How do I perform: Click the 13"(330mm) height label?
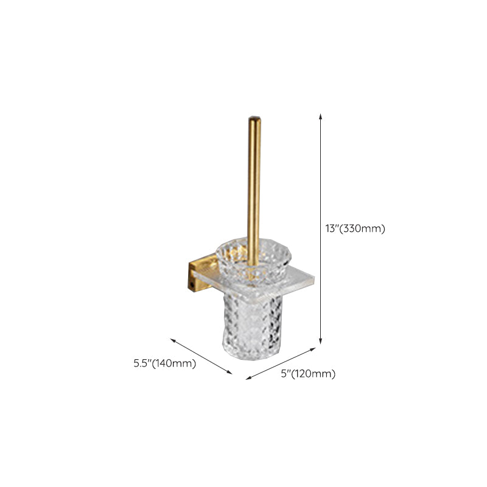[356, 229]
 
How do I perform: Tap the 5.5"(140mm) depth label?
[164, 364]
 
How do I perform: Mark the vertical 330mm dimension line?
[321, 183]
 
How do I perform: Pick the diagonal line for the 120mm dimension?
[281, 364]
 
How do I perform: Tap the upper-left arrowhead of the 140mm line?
[173, 339]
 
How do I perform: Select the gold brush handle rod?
[254, 183]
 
